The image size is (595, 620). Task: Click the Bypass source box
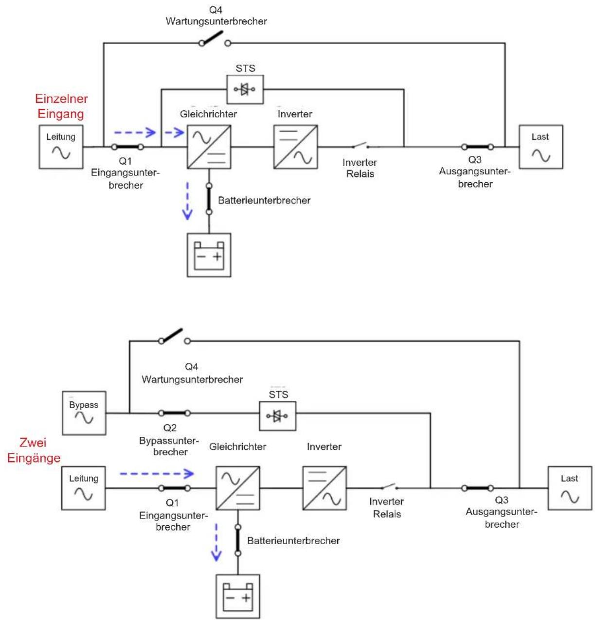[x=84, y=413]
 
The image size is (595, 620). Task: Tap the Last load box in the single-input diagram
[x=541, y=147]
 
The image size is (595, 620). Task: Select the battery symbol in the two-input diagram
[x=238, y=596]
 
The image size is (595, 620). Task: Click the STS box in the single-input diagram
[x=245, y=89]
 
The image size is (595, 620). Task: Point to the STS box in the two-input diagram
[x=278, y=416]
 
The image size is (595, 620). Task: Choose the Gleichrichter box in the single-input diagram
[x=209, y=147]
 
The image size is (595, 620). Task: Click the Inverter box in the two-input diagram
[x=325, y=488]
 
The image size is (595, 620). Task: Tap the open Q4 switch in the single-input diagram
[x=215, y=39]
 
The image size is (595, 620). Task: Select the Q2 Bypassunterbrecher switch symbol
[x=175, y=413]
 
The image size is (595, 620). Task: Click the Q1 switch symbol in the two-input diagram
[x=175, y=488]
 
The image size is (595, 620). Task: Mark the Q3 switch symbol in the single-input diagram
[x=478, y=147]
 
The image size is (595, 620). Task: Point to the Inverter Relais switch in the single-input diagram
[x=361, y=145]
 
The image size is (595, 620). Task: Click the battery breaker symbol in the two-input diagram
[x=238, y=540]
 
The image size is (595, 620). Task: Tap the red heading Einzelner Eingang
[x=61, y=106]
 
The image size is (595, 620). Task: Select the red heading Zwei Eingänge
[x=34, y=450]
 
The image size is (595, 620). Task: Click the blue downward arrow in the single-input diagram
[x=187, y=201]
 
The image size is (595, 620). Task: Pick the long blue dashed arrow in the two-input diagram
[x=157, y=474]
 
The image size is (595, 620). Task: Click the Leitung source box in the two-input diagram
[x=83, y=488]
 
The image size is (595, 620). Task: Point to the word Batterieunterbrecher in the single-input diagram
[x=264, y=200]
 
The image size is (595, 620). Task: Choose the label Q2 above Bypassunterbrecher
[x=170, y=428]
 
